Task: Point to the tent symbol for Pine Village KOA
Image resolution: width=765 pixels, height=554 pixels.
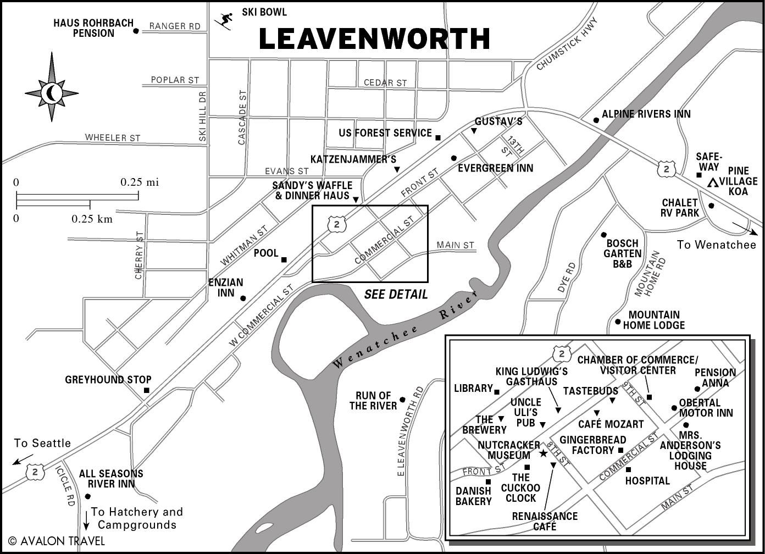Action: (713, 182)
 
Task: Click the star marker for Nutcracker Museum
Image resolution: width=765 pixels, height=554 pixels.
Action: (542, 453)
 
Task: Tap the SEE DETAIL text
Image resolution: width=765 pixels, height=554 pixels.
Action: (396, 295)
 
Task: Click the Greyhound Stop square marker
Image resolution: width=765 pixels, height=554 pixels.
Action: (147, 390)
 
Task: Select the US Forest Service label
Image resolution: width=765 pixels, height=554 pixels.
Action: (385, 133)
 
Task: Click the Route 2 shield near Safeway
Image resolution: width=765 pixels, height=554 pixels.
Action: (666, 169)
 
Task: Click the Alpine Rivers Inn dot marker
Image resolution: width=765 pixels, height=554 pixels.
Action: (596, 120)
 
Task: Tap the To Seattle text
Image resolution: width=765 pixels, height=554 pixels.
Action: (42, 444)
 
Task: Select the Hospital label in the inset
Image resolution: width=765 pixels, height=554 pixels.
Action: (647, 481)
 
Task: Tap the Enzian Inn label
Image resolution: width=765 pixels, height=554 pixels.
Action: (225, 287)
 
